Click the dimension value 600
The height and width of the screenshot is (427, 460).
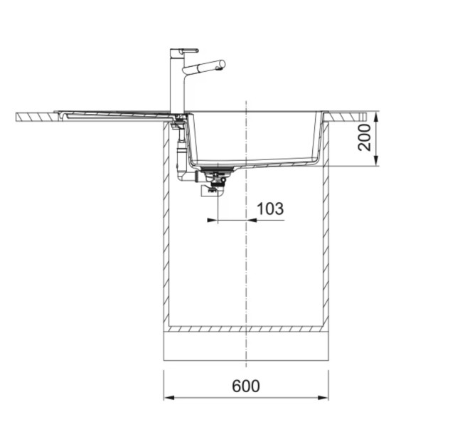tap(246, 386)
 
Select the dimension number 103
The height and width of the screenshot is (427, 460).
tap(269, 209)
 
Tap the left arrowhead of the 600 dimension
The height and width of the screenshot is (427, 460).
tap(168, 397)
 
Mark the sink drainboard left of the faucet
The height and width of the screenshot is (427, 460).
tap(114, 112)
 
